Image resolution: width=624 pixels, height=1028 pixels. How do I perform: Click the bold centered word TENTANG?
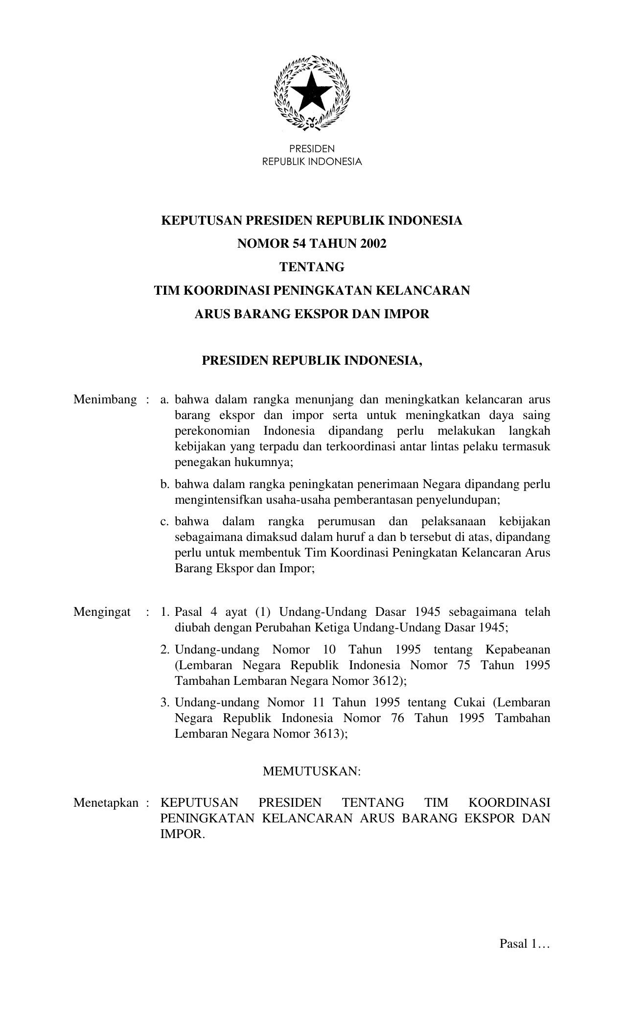(312, 267)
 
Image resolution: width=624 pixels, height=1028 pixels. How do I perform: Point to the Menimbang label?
(105, 400)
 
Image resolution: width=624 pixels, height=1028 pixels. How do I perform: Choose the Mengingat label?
(102, 612)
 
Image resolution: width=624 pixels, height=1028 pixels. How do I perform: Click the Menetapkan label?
(106, 803)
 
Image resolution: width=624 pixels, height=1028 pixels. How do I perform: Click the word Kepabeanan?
(518, 650)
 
